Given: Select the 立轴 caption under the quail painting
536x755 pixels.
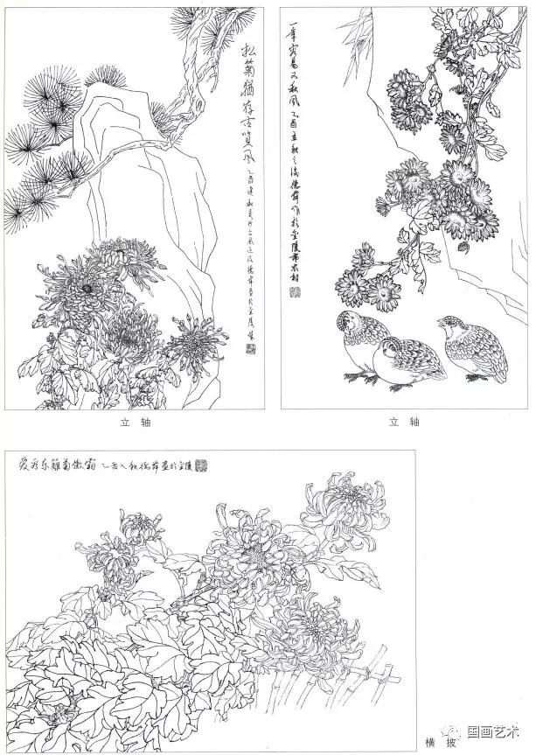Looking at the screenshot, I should pyautogui.click(x=407, y=422).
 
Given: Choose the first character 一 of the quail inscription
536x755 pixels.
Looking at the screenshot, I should pyautogui.click(x=291, y=19).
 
